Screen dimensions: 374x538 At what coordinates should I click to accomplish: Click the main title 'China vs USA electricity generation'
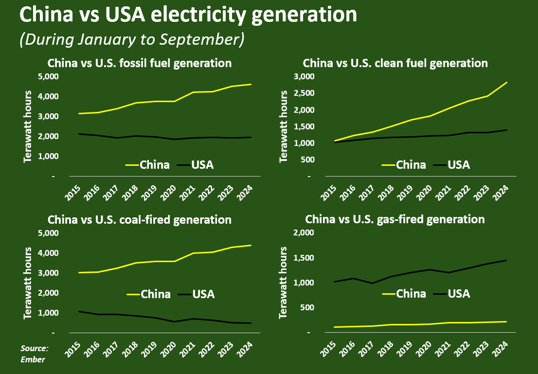[x=188, y=16]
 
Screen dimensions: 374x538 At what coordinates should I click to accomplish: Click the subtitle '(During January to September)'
[x=131, y=39]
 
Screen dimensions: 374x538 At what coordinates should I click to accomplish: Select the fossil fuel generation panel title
[x=139, y=63]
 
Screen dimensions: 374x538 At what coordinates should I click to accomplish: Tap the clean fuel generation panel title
[x=395, y=63]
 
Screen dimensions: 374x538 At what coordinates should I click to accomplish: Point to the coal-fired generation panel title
[x=139, y=220]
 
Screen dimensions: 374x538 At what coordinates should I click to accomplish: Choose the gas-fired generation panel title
[x=395, y=220]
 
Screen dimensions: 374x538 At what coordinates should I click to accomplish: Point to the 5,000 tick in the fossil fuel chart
[x=48, y=77]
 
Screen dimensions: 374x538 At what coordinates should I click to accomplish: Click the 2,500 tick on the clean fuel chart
[x=305, y=93]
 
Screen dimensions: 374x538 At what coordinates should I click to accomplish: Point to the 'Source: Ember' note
[x=34, y=354]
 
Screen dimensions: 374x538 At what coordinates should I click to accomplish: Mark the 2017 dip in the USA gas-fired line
[x=372, y=283]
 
